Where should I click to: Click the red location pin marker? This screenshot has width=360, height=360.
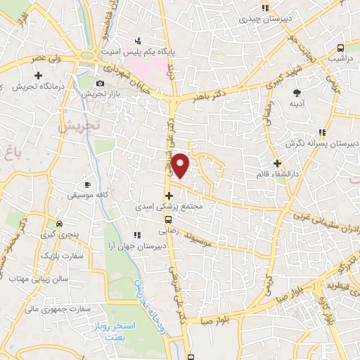[181, 165]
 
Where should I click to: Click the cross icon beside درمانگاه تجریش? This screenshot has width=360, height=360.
[37, 75]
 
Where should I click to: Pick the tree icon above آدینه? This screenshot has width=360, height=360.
[297, 92]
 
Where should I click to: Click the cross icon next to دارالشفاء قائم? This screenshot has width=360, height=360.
[277, 163]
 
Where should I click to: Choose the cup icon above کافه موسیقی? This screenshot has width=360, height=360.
[88, 182]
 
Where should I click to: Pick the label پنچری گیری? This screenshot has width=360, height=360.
[57, 233]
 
